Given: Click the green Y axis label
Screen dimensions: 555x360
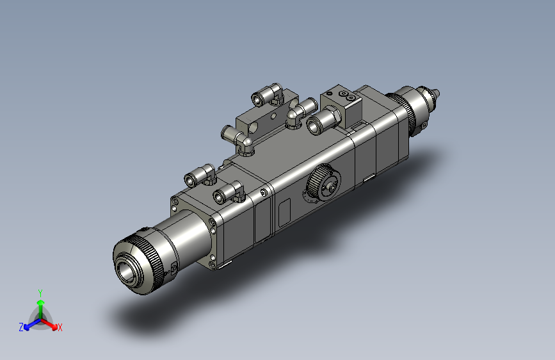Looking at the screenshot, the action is pyautogui.click(x=40, y=293).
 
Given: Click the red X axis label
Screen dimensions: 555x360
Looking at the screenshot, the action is pyautogui.click(x=60, y=327).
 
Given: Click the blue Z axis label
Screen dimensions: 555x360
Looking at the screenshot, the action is pyautogui.click(x=21, y=327).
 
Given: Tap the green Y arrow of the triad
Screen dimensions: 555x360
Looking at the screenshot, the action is pyautogui.click(x=41, y=309).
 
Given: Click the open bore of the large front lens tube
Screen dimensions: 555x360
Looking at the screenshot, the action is pyautogui.click(x=125, y=272).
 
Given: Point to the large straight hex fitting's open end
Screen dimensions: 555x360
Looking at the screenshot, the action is pyautogui.click(x=314, y=126).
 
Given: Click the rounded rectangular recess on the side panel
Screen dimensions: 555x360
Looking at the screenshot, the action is pyautogui.click(x=284, y=213).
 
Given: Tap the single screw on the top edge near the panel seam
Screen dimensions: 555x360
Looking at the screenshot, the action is pyautogui.click(x=264, y=193).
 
